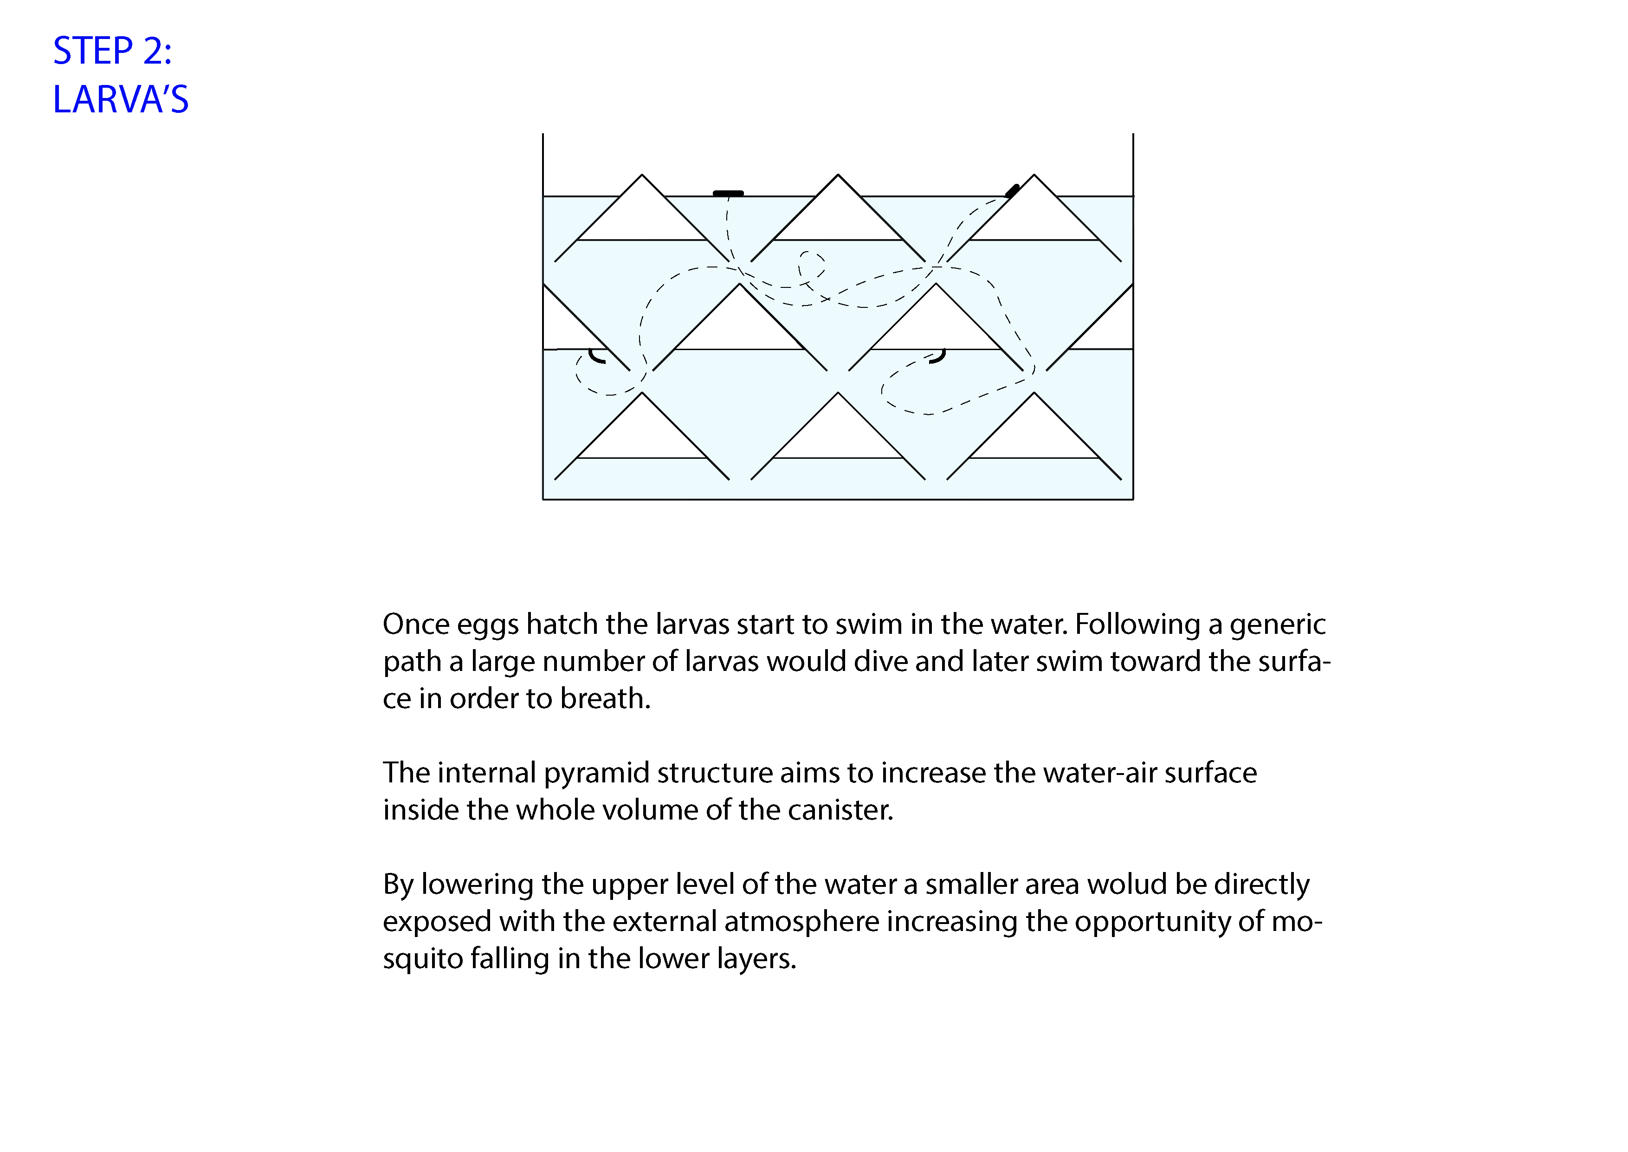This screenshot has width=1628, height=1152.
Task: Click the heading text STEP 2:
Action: pyautogui.click(x=112, y=51)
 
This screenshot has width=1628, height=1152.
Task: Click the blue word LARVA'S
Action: pyautogui.click(x=121, y=99)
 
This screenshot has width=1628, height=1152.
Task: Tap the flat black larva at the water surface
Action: pyautogui.click(x=728, y=193)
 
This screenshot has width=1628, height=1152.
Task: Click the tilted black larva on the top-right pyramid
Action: pyautogui.click(x=1013, y=190)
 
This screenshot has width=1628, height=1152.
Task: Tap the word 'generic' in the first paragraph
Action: pyautogui.click(x=1277, y=625)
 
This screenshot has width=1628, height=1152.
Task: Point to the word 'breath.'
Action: pyautogui.click(x=605, y=699)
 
